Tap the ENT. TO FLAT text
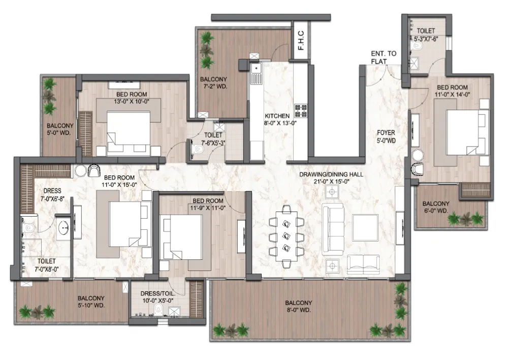384,57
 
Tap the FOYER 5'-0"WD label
386,137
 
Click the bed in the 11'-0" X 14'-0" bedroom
463,132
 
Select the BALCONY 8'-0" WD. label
299,306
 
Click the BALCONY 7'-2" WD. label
213,83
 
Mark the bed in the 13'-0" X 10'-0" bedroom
129,128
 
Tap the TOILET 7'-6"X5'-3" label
213,139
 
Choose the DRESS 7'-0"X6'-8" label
52,195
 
